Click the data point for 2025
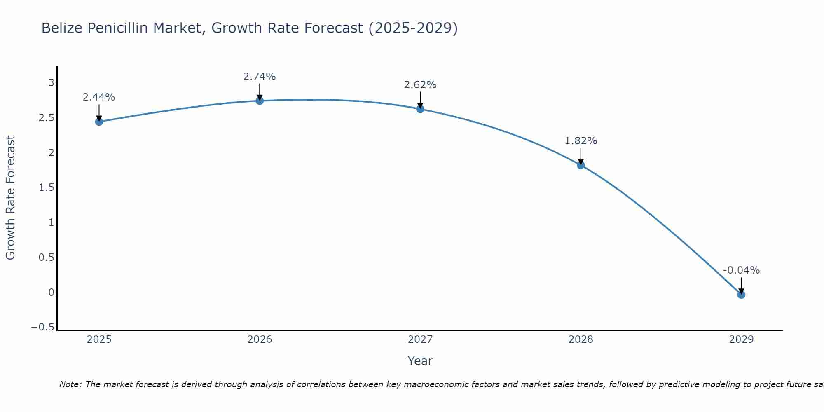click(x=99, y=122)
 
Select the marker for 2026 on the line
click(x=260, y=101)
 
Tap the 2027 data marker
click(x=420, y=109)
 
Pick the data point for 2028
click(x=581, y=165)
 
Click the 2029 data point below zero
click(x=741, y=295)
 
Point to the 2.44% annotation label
click(x=99, y=97)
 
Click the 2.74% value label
click(x=260, y=77)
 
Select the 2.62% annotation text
click(x=420, y=85)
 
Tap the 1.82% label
click(x=581, y=141)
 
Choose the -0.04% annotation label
click(x=741, y=270)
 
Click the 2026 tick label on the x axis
click(x=260, y=339)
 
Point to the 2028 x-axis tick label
click(x=581, y=339)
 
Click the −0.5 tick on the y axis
click(x=42, y=327)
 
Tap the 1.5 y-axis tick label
click(x=46, y=187)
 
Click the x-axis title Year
click(x=420, y=361)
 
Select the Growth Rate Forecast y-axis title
click(x=10, y=198)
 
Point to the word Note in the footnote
click(x=70, y=385)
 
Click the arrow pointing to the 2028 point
click(x=581, y=155)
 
